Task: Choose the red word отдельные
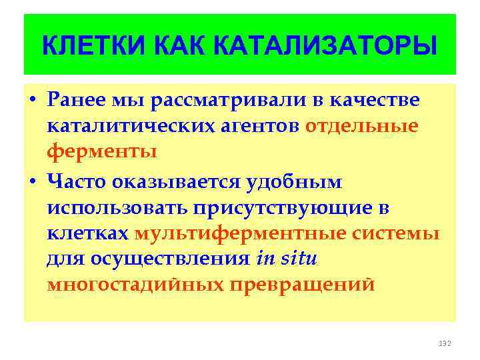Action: [362, 126]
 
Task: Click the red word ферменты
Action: [102, 151]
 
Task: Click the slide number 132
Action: [445, 343]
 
